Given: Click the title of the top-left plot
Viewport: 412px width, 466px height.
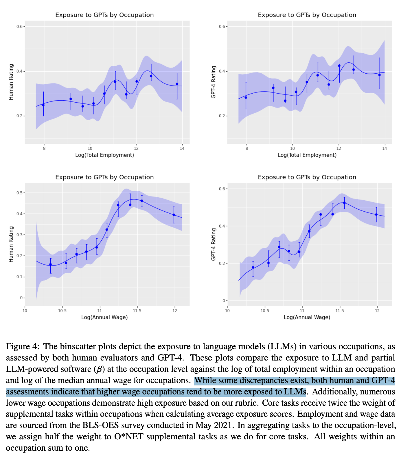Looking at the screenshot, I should (104, 15).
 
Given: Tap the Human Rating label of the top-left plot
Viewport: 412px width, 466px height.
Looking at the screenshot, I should (11, 82).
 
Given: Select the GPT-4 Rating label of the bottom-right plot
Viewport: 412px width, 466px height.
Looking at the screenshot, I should (214, 244).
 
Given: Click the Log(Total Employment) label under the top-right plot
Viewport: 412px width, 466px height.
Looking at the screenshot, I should (307, 155).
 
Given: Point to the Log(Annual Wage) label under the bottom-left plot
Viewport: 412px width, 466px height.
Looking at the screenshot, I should (104, 317).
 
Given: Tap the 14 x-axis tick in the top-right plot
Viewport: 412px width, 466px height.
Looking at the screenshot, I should (385, 149).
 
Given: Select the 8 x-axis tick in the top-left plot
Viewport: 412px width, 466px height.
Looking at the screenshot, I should (44, 149).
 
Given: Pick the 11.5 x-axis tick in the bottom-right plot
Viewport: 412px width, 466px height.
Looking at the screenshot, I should (340, 311).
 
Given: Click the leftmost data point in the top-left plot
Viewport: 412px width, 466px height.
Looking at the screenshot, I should (43, 105).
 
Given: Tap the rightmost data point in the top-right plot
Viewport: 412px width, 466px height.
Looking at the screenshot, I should (379, 75).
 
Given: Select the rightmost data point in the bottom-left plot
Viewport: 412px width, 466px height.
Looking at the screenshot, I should (174, 215).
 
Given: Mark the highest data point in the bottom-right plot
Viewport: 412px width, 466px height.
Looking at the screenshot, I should (344, 203).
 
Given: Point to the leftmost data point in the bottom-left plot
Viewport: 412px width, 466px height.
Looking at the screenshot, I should (50, 264).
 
